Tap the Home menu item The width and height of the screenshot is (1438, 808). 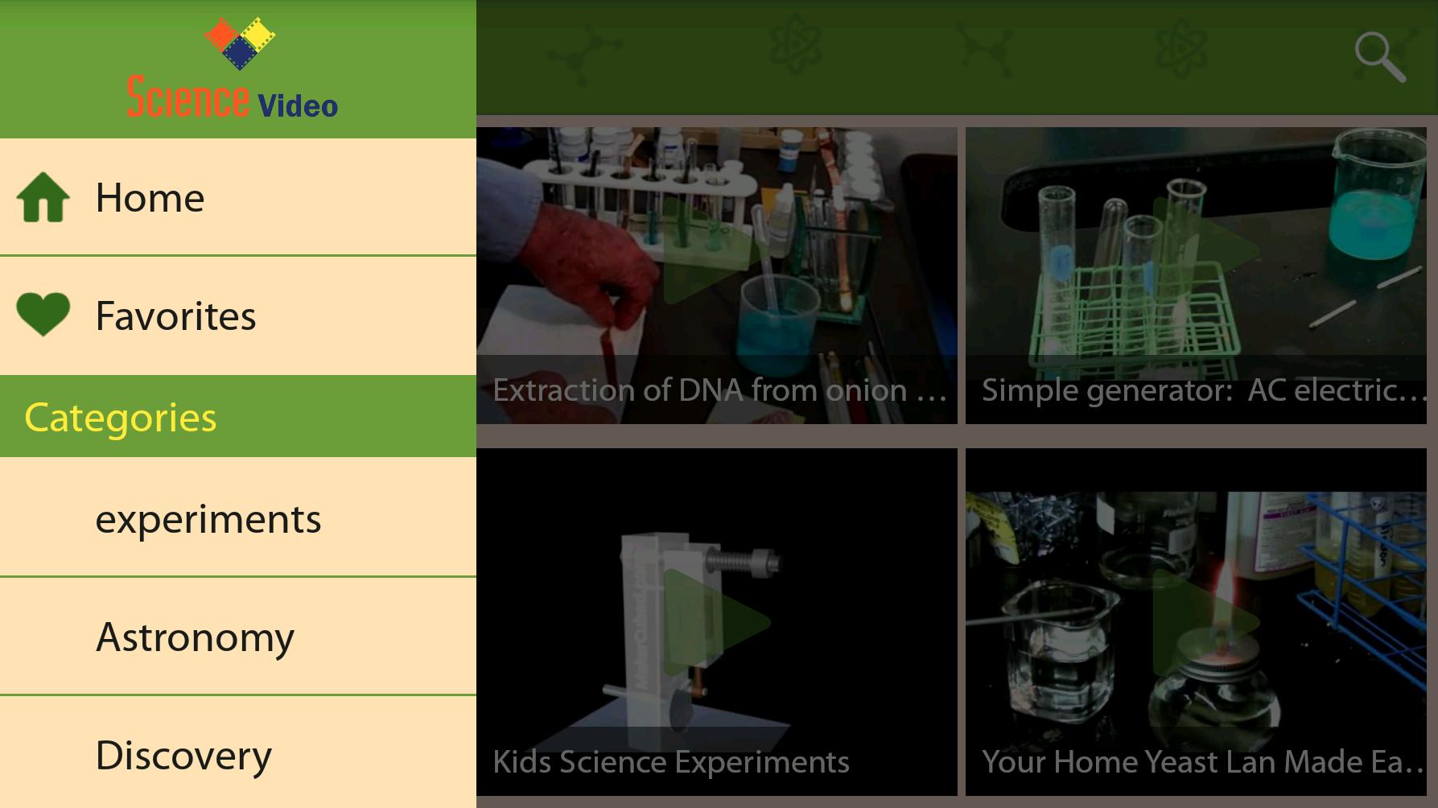click(x=238, y=197)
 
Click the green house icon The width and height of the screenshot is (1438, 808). click(x=43, y=197)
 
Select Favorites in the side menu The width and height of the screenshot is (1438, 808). click(x=238, y=315)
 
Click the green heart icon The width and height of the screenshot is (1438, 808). click(x=43, y=314)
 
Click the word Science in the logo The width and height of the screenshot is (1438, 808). click(x=188, y=97)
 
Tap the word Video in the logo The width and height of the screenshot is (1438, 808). click(x=298, y=105)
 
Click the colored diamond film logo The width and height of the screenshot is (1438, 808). click(x=239, y=43)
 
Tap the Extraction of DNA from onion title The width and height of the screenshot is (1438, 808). click(x=719, y=390)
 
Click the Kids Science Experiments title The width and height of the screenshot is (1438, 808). click(x=671, y=762)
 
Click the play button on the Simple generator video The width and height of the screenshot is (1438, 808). click(x=1205, y=249)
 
